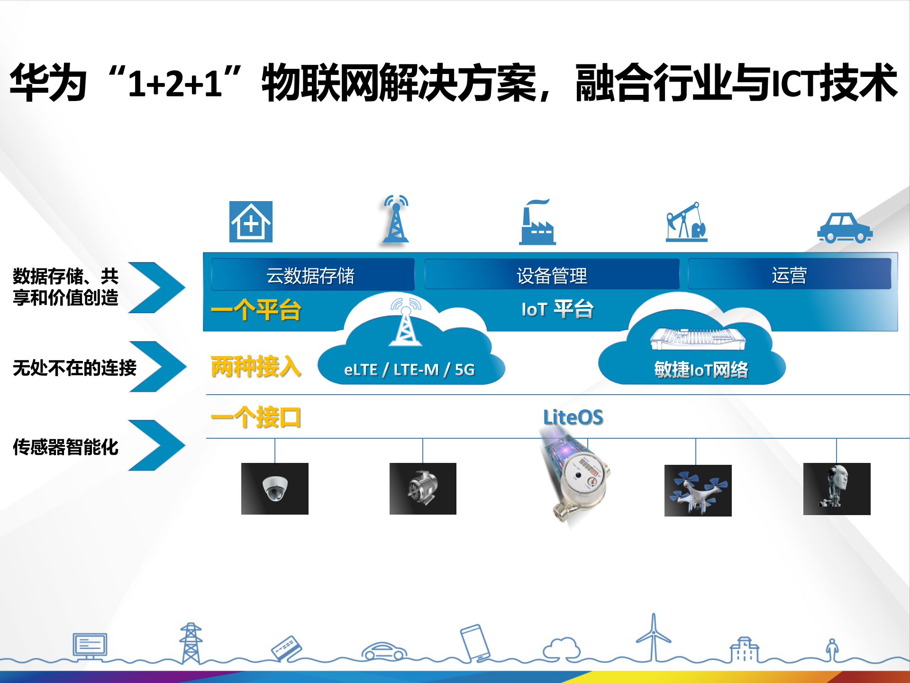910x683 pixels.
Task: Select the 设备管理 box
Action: pyautogui.click(x=552, y=275)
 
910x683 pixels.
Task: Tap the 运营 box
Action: pyautogui.click(x=789, y=275)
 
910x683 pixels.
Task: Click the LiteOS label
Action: pyautogui.click(x=573, y=417)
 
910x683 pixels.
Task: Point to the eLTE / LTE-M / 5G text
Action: pyautogui.click(x=409, y=369)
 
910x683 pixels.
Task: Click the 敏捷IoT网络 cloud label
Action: pyautogui.click(x=701, y=369)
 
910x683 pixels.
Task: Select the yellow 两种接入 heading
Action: pyautogui.click(x=256, y=367)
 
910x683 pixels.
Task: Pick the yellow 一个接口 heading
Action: pyautogui.click(x=256, y=417)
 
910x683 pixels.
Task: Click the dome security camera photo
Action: pyautogui.click(x=275, y=489)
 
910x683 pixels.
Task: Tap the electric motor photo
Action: pyautogui.click(x=423, y=489)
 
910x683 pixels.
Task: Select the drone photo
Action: pyautogui.click(x=698, y=490)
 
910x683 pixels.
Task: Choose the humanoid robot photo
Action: pyautogui.click(x=837, y=489)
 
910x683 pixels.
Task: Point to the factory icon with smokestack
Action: pyautogui.click(x=537, y=223)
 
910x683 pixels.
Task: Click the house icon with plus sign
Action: pyautogui.click(x=251, y=222)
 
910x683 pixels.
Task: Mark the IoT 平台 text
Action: pyautogui.click(x=557, y=309)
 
